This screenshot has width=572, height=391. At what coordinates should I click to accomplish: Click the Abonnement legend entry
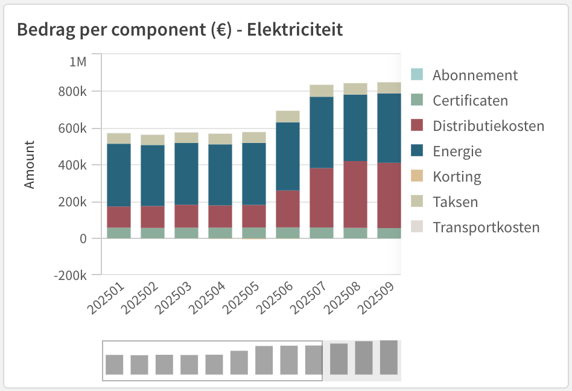475,75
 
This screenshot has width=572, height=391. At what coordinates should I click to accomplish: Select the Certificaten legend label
470,101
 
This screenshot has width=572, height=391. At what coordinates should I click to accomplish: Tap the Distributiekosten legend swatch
417,126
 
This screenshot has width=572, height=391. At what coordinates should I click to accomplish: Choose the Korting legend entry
457,177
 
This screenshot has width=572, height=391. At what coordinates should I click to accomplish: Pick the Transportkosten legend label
486,227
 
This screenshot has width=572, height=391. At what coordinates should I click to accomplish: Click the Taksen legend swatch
417,202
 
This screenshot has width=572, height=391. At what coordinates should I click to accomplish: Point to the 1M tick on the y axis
78,62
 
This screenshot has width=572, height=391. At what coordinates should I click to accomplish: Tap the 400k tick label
75,165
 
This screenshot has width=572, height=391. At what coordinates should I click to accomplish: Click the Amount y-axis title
30,165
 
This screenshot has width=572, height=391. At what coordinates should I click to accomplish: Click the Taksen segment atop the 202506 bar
288,116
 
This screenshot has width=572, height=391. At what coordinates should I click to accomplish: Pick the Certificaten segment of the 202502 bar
153,233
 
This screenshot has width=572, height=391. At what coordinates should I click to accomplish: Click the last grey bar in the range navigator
389,358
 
